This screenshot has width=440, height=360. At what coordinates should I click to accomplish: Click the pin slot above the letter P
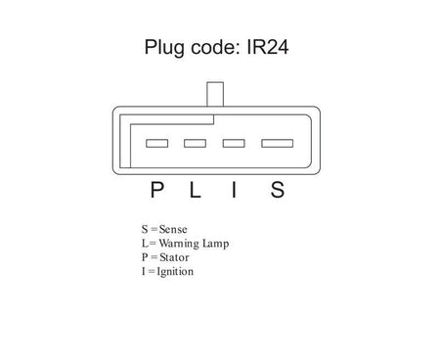tap(156, 143)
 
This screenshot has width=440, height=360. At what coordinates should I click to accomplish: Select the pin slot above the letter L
tap(195, 143)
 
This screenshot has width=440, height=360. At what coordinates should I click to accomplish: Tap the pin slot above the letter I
tap(234, 143)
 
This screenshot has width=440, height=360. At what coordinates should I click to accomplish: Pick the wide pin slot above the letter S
tap(277, 143)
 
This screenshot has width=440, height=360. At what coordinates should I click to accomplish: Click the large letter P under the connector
tap(156, 190)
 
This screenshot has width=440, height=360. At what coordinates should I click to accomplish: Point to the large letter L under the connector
tap(195, 190)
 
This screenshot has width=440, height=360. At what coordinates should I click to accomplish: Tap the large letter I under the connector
tap(234, 190)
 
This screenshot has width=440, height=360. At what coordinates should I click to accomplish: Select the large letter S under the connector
tap(278, 190)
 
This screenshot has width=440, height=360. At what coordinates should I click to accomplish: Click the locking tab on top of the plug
tap(215, 94)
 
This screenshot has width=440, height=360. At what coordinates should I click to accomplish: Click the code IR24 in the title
tap(268, 47)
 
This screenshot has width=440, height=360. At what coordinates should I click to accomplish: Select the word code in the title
tap(216, 47)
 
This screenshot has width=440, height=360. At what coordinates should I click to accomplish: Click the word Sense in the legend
tap(173, 229)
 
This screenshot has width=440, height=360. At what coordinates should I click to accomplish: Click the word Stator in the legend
tap(174, 257)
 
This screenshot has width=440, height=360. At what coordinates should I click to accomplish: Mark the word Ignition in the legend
tap(175, 272)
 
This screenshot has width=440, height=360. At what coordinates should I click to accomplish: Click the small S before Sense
tap(145, 229)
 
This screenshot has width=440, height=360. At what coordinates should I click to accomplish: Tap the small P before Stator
tap(145, 257)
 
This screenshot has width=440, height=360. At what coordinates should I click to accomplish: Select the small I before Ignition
tap(144, 271)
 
